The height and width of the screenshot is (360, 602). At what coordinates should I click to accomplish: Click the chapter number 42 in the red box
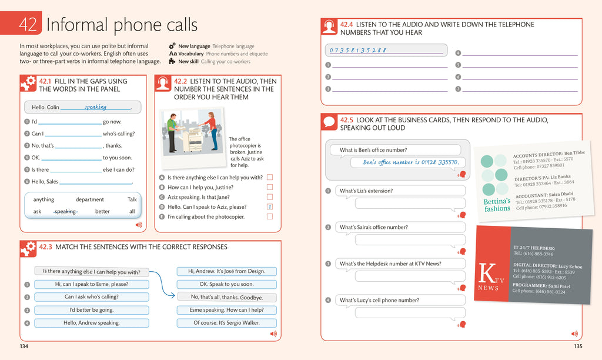(x=28, y=24)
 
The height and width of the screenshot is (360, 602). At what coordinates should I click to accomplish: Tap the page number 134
(x=24, y=346)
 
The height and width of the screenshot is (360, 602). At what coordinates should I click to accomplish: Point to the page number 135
(x=578, y=346)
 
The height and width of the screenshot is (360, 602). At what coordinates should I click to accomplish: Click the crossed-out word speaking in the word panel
(x=65, y=211)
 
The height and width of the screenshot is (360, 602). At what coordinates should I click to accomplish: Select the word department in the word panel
(x=89, y=199)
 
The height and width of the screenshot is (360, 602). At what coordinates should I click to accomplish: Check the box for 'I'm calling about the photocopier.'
(x=270, y=216)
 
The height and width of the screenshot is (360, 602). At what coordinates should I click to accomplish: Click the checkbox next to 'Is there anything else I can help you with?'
(x=270, y=177)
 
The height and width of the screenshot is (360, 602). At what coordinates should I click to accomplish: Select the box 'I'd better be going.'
(x=92, y=310)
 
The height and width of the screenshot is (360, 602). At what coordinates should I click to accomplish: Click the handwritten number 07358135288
(x=357, y=50)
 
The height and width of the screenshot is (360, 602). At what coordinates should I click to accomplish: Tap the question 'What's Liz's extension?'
(x=366, y=191)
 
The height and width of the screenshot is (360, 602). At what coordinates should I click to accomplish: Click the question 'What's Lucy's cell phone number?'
(x=379, y=300)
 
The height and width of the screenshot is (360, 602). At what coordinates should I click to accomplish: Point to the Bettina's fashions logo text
(x=497, y=205)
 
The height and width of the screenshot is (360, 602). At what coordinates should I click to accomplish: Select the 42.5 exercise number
(x=347, y=119)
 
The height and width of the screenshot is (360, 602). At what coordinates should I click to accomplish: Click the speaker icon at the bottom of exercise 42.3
(x=273, y=334)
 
